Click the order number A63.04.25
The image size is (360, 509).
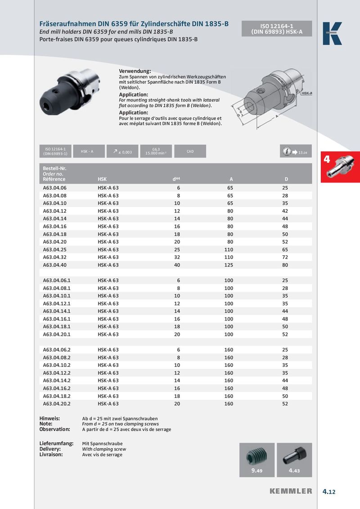[x=54, y=250]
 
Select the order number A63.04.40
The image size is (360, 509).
[x=54, y=265]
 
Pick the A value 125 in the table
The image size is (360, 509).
[x=229, y=265]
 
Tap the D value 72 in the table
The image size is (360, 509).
[x=285, y=257]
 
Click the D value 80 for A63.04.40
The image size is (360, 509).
[x=285, y=265]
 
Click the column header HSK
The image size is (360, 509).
[x=102, y=179]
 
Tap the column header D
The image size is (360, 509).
[x=286, y=179]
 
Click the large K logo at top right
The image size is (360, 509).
[x=332, y=34]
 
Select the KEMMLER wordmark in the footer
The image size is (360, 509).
[x=291, y=491]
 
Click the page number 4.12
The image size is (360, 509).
[x=329, y=491]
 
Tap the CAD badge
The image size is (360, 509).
[x=190, y=152]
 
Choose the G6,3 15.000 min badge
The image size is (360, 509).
[x=156, y=152]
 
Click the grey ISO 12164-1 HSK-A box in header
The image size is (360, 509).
[x=274, y=29]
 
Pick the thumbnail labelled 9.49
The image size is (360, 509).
[x=256, y=460]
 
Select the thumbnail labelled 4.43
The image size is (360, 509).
[x=294, y=460]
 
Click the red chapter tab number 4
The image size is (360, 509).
[x=327, y=159]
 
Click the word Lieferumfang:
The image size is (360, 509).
[x=57, y=443]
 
